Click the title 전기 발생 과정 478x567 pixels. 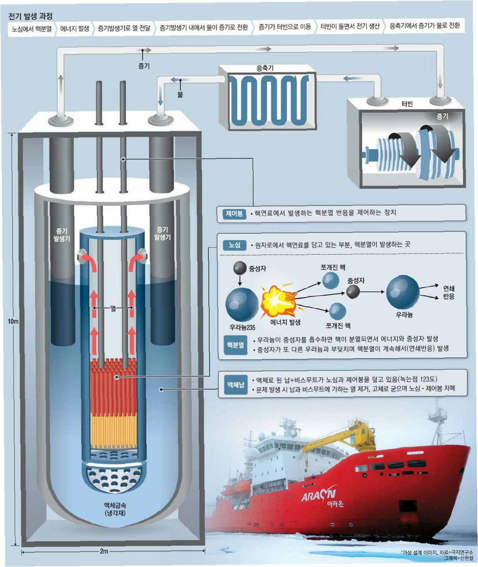(x=30, y=16)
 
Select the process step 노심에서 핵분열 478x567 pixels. (x=31, y=29)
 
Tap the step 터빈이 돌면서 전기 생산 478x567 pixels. (x=350, y=26)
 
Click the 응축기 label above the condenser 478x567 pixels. (x=265, y=68)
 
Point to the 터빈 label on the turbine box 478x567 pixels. (x=407, y=104)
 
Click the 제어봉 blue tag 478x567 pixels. (x=234, y=214)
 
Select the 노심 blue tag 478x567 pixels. (x=234, y=245)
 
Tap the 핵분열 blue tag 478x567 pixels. (x=235, y=345)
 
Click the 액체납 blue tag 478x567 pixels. (x=235, y=384)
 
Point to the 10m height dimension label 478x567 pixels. (x=13, y=321)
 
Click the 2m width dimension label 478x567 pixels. (x=104, y=551)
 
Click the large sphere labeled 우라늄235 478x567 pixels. (x=242, y=304)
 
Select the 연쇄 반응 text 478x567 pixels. (x=448, y=292)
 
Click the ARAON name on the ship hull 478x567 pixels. (x=319, y=495)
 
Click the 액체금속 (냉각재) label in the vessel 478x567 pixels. (x=115, y=509)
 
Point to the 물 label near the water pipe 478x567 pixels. (x=180, y=94)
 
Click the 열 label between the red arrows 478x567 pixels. (x=113, y=308)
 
